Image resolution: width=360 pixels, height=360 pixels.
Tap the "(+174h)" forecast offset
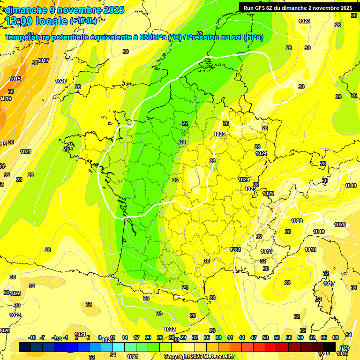tap(83, 21)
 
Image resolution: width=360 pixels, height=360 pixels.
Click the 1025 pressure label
tap(219, 134)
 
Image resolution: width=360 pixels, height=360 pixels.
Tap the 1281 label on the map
tap(236, 250)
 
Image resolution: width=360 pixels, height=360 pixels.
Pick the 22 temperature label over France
tap(185, 123)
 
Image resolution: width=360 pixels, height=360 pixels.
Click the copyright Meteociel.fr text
tap(199, 356)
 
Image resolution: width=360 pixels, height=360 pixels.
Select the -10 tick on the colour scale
tap(32, 337)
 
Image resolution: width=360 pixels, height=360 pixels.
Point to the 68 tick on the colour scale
tap(336, 337)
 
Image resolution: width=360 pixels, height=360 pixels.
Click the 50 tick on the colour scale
tap(265, 337)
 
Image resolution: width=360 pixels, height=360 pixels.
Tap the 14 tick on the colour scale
tap(125, 337)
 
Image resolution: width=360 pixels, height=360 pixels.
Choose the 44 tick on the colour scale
tap(242, 337)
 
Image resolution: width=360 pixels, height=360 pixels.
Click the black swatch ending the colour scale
tap(330, 347)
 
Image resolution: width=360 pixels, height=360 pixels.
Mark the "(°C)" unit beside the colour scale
tap(345, 348)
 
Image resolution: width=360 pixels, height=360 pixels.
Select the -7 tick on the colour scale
tap(43, 337)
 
